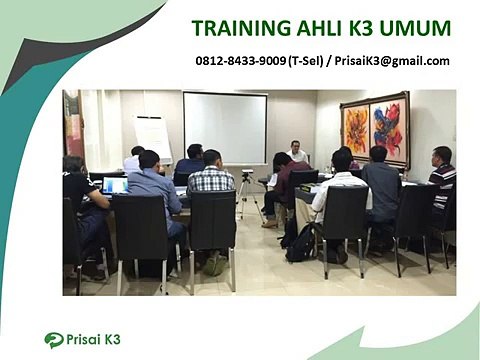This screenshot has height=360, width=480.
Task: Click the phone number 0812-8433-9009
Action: (240, 61)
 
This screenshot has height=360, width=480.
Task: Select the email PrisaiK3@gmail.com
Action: (392, 61)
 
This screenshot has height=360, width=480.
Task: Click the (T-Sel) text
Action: (306, 61)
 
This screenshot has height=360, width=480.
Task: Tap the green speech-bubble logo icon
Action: (54, 340)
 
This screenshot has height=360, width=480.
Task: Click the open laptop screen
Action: (114, 185)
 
